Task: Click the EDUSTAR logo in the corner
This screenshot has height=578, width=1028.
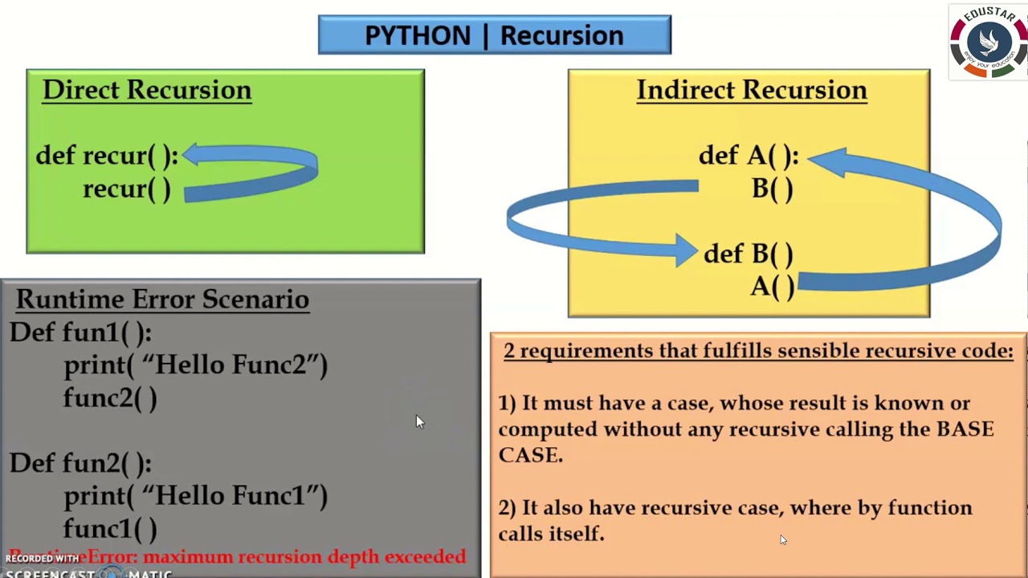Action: coord(988,43)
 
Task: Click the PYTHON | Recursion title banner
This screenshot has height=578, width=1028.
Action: coord(494,35)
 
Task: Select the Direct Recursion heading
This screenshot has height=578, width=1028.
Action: coord(147,90)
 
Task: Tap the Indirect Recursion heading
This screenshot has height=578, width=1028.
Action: coord(751,90)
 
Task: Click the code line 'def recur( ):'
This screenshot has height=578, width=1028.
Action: coord(106,156)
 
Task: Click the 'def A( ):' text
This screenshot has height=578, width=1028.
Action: coord(748,156)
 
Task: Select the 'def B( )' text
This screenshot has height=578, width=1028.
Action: coord(748,254)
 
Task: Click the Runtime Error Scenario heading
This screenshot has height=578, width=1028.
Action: coord(162,299)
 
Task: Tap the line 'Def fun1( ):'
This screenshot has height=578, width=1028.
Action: coord(80,332)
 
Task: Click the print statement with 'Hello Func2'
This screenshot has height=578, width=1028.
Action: coord(195,365)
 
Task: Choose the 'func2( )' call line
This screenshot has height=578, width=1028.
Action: coord(110,398)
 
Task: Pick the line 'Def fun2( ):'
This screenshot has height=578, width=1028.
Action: coord(80,463)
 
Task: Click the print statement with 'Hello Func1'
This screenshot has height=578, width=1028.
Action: coord(195,496)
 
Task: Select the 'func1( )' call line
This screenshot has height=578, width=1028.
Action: coord(110,529)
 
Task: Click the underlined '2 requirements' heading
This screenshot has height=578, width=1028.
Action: coord(758,351)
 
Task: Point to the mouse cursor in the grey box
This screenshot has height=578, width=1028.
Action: coord(419,422)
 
